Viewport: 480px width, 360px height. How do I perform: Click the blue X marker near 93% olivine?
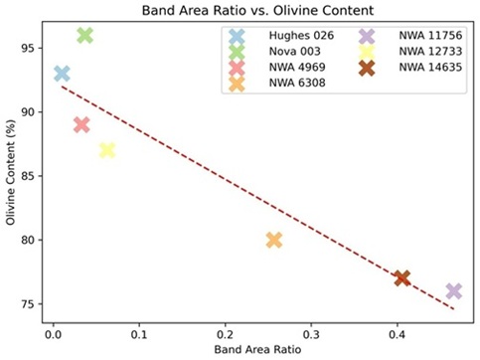click(x=62, y=74)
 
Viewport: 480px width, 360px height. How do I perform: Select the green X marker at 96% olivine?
click(x=85, y=35)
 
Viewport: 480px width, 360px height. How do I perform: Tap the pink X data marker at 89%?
click(x=81, y=124)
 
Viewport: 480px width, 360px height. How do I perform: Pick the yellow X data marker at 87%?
click(x=107, y=150)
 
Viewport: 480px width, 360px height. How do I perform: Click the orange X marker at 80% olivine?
click(x=274, y=240)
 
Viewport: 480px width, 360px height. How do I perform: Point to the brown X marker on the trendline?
click(x=401, y=277)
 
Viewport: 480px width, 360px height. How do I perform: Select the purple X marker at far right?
click(x=454, y=290)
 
